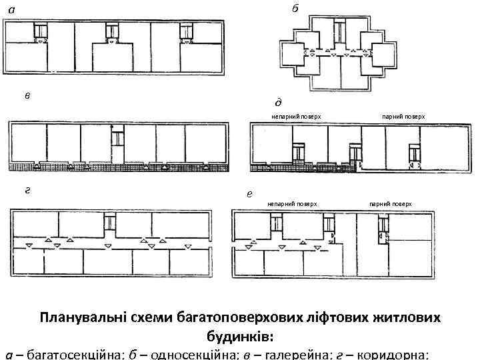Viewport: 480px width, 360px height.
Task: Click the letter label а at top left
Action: tap(11, 9)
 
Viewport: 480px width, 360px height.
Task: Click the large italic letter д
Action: tap(277, 102)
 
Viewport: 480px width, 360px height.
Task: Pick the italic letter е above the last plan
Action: tap(249, 193)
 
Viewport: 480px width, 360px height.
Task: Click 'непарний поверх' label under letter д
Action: tap(295, 117)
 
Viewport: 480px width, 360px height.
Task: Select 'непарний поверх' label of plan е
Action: tap(292, 204)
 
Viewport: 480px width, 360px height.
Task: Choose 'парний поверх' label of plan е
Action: tap(391, 204)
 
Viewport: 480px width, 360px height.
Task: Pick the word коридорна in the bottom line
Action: tap(393, 353)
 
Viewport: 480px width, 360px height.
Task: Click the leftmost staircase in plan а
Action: tap(41, 31)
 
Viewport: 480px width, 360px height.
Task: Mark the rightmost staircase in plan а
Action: tap(185, 31)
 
